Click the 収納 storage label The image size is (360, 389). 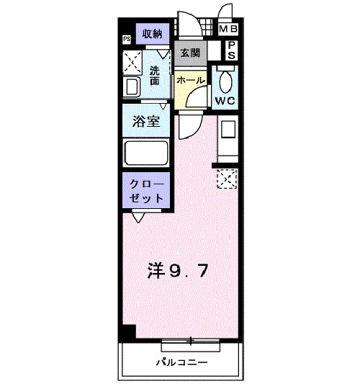151,33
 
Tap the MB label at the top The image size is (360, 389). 228,30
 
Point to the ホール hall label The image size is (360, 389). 190,79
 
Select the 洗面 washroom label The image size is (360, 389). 156,76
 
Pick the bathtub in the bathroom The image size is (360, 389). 146,153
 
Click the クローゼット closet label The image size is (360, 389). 146,191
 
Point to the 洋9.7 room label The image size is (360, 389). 179,272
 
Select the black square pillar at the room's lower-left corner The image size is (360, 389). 128,333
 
